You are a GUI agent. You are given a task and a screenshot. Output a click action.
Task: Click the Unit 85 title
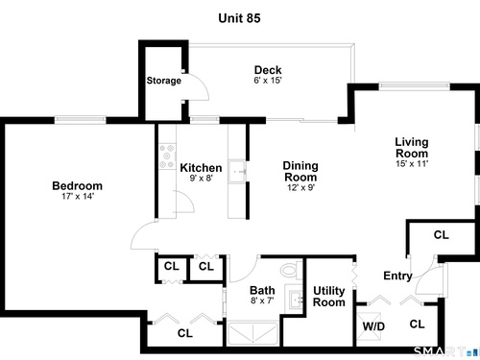pyautogui.click(x=239, y=18)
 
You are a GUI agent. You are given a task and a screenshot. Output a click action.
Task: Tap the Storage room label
pyautogui.click(x=164, y=81)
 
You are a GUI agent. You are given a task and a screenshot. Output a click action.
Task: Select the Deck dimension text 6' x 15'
pyautogui.click(x=268, y=81)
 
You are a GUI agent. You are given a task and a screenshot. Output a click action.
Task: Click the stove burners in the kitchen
pyautogui.click(x=168, y=156)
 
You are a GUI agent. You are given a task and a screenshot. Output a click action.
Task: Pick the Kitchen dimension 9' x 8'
pyautogui.click(x=202, y=178)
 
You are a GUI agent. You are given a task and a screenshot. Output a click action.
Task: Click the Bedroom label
pyautogui.click(x=78, y=186)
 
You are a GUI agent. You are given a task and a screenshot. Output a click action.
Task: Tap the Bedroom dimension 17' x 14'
pyautogui.click(x=78, y=196)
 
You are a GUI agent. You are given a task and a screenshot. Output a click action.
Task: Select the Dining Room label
pyautogui.click(x=300, y=171)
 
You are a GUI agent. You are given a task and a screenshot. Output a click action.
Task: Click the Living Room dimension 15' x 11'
pyautogui.click(x=412, y=163)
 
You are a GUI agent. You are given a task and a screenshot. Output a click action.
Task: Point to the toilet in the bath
pyautogui.click(x=292, y=270)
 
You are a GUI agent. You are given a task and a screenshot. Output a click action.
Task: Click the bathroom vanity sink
pyautogui.click(x=295, y=300)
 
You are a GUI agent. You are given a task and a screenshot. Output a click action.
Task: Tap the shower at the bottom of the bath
pyautogui.click(x=252, y=334)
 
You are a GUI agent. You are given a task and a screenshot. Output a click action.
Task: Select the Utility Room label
pyautogui.click(x=329, y=297)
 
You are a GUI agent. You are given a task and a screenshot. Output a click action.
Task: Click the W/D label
pyautogui.click(x=373, y=326)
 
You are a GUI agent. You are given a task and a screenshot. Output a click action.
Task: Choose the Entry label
pyautogui.click(x=397, y=276)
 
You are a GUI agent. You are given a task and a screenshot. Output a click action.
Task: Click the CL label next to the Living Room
pyautogui.click(x=442, y=235)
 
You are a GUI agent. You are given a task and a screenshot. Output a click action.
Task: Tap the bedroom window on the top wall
pyautogui.click(x=80, y=120)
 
